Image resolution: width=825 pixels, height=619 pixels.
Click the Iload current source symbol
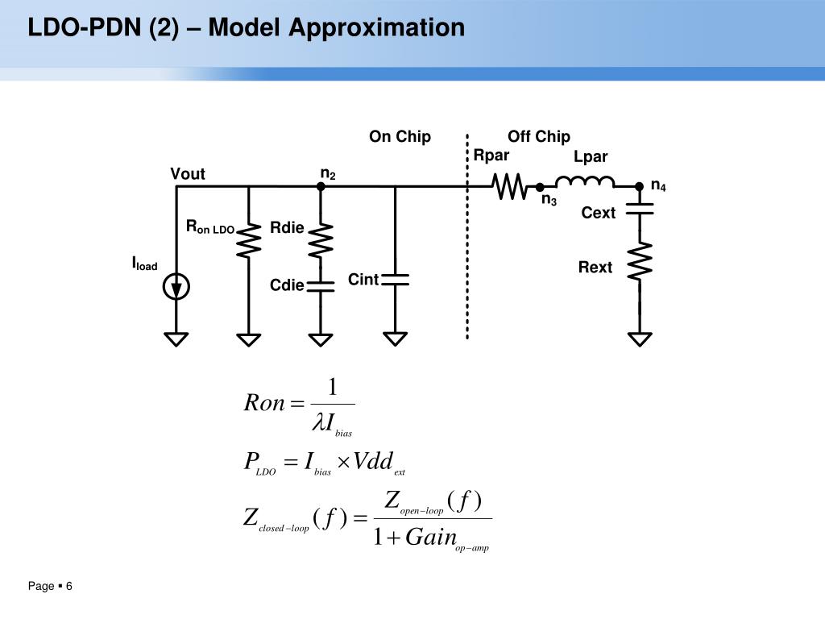pos(176,287)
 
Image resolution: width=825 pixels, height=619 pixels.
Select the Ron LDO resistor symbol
pos(249,241)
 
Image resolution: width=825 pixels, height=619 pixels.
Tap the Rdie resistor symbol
pos(321,240)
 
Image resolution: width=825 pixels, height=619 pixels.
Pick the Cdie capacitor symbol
pos(321,286)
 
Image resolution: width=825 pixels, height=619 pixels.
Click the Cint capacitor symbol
pos(395,280)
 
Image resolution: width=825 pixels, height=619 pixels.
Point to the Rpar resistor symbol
pos(509,186)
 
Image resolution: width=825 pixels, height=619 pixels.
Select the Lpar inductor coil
pos(585,182)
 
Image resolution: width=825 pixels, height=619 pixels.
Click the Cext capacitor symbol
pos(640,209)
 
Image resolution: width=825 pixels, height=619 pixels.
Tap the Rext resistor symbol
pos(640,261)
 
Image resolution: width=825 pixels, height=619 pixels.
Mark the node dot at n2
pos(321,186)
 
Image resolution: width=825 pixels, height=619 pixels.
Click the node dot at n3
pos(540,187)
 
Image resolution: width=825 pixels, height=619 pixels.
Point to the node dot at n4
pos(639,186)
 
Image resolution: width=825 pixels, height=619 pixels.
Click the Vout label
pos(187,174)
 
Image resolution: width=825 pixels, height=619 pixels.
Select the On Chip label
pos(400,136)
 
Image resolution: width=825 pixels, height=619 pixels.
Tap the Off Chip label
pos(539,136)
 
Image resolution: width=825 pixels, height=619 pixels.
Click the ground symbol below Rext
pos(640,339)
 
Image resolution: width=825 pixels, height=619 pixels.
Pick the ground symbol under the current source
pos(176,339)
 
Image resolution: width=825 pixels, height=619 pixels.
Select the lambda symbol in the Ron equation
pos(319,422)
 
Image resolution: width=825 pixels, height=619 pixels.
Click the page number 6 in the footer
pos(69,586)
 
